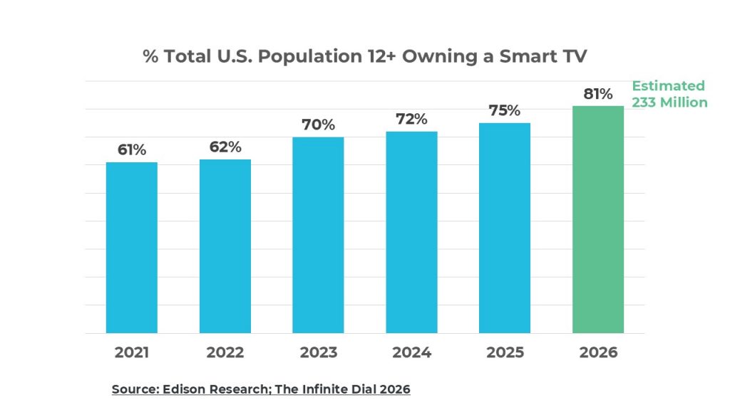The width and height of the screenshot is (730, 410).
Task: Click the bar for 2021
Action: coord(132,248)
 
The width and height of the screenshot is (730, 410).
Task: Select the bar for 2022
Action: coord(225,246)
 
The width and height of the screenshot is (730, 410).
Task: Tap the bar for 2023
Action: coord(318,235)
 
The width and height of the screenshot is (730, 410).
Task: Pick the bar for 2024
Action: coord(411,232)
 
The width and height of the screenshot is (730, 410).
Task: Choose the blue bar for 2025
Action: coord(505,228)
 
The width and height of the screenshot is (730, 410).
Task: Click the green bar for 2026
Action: coord(598,219)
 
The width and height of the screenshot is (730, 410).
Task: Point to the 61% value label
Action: coord(132,149)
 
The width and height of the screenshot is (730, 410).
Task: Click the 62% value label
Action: coord(225,147)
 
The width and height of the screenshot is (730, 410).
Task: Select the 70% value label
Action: coord(318,125)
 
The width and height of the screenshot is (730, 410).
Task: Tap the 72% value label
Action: coord(411,119)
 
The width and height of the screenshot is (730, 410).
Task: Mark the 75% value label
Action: coord(505,110)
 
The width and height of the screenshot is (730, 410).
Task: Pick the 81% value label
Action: coord(598,93)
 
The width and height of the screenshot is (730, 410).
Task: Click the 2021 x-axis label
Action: coord(132,352)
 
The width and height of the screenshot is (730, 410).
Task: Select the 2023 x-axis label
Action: coord(318,352)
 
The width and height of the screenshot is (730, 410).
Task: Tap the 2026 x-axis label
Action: coord(598,352)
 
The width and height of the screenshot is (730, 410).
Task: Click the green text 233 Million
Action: coord(669,102)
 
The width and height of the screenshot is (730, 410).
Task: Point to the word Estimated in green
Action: coord(668,86)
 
